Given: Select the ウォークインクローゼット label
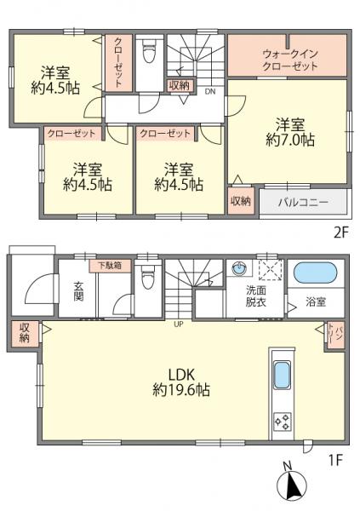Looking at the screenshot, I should (x=289, y=59).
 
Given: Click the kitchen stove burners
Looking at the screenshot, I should (x=282, y=420).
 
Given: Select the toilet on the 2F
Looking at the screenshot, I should (x=148, y=53).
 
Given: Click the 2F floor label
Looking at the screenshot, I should (x=340, y=231).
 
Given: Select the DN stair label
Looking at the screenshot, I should (x=209, y=92).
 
